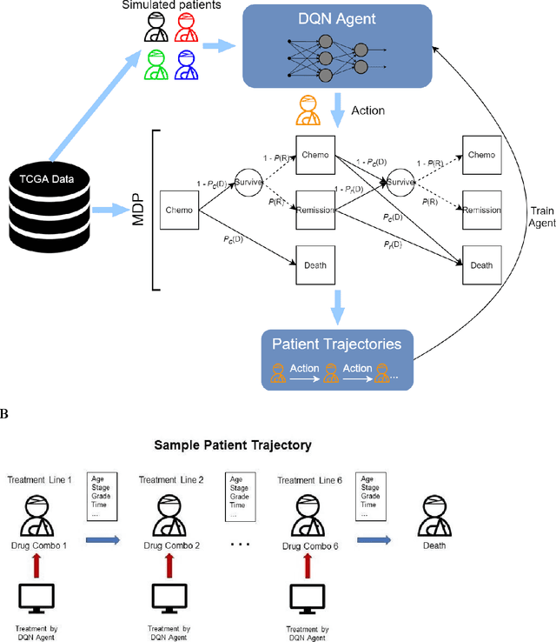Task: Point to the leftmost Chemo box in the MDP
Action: pos(179,210)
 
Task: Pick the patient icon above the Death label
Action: pos(439,516)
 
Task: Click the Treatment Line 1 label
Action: pos(39,480)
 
